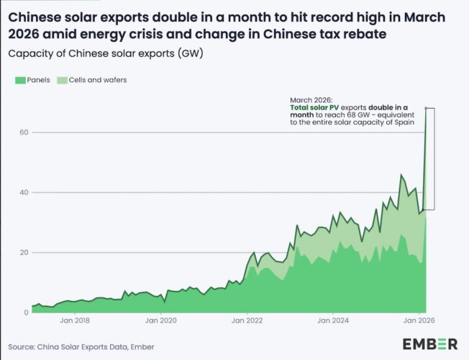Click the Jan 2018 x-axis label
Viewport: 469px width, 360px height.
[x=75, y=320]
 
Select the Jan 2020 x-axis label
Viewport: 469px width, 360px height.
[x=161, y=320]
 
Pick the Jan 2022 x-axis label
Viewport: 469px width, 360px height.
[x=247, y=320]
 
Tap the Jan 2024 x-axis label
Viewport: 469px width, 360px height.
[x=333, y=320]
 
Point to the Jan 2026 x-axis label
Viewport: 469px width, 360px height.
[x=419, y=320]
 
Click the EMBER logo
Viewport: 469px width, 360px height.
[x=429, y=343]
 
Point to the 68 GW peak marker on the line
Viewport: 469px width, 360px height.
[x=427, y=108]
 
